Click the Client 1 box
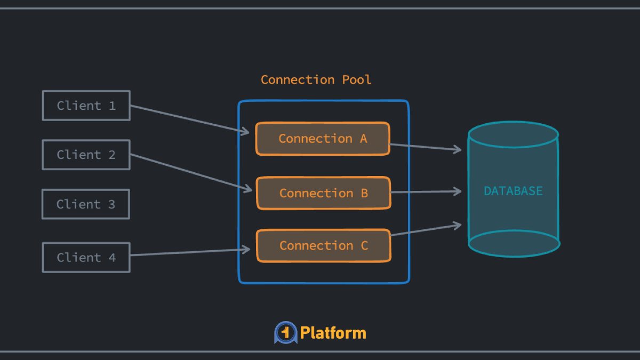(86, 106)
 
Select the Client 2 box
(86, 155)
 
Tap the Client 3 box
(86, 204)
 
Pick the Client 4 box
(86, 258)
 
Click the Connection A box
(322, 139)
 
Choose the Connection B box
(323, 193)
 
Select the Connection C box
(323, 246)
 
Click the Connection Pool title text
(316, 80)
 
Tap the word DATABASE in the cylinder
(513, 191)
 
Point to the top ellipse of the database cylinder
(513, 135)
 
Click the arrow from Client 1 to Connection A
(189, 119)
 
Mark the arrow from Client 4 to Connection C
(189, 252)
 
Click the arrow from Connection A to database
(426, 147)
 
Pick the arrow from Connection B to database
(426, 191)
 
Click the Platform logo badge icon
(285, 333)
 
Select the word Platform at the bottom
(333, 333)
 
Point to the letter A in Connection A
(363, 139)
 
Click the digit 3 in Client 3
(111, 204)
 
